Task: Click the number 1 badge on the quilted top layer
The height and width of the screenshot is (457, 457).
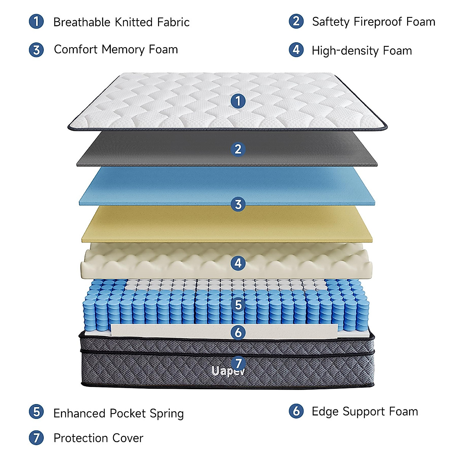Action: pos(238,101)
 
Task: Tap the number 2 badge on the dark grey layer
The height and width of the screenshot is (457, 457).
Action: pos(238,149)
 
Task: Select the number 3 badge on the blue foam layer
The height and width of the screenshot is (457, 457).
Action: pos(238,205)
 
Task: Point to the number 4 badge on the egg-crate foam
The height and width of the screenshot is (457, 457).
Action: pos(238,263)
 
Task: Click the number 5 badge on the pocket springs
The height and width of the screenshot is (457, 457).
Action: pos(238,305)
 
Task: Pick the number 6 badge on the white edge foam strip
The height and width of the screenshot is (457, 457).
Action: pos(238,332)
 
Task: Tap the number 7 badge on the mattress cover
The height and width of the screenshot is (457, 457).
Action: pos(238,363)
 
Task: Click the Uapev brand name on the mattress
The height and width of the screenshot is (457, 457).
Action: pos(228,371)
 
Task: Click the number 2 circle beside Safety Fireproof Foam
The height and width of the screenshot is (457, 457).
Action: pos(296,21)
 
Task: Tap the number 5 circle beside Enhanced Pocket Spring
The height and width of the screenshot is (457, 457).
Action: pos(37,412)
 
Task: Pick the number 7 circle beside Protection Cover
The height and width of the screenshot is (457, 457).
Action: pos(37,438)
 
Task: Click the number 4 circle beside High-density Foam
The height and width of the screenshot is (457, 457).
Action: pos(296,50)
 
